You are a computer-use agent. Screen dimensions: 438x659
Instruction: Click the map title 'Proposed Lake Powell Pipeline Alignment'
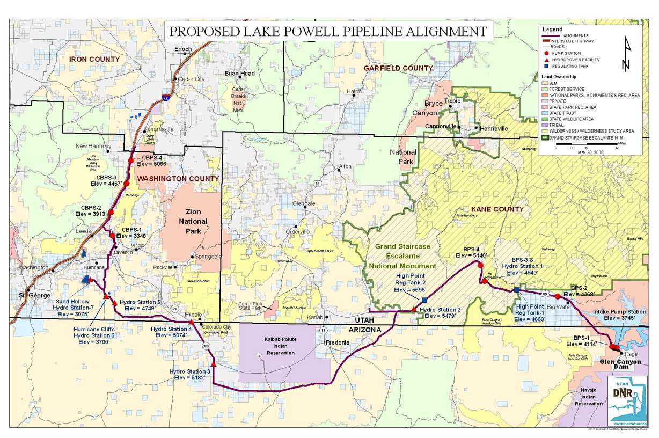(x=328, y=32)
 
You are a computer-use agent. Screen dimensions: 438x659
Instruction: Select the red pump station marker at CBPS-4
(x=131, y=160)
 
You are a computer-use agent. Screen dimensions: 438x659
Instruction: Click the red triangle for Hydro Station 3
(x=214, y=364)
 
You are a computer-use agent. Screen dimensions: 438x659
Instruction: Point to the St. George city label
(x=35, y=295)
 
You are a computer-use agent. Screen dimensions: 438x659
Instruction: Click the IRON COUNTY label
(x=94, y=59)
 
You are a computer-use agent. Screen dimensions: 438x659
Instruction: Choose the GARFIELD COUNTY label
(x=398, y=68)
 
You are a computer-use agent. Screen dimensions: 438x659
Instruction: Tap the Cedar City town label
(x=192, y=79)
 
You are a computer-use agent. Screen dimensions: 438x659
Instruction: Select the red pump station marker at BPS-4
(x=480, y=265)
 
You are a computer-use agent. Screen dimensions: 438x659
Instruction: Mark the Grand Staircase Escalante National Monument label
(x=401, y=256)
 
